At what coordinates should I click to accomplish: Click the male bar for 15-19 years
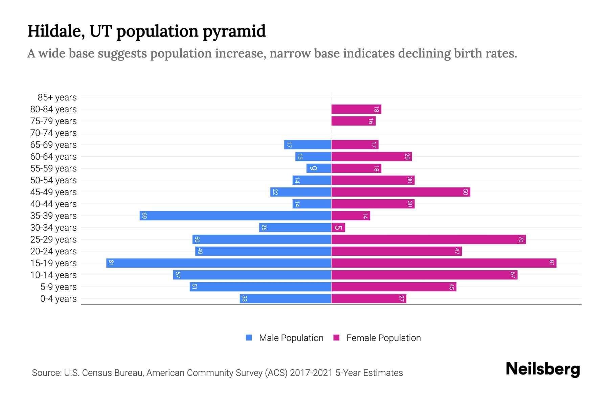pos(219,263)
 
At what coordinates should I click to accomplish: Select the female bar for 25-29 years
pos(428,239)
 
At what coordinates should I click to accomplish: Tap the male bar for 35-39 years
pos(235,216)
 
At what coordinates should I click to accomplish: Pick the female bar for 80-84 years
pos(356,109)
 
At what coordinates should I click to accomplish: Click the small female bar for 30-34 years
pos(338,227)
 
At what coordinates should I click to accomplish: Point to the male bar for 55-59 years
pos(319,168)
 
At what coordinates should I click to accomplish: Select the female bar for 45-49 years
pos(401,192)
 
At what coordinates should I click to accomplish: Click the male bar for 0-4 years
pos(285,298)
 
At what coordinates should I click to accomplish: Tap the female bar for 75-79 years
pos(353,121)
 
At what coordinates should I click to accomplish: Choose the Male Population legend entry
pos(285,338)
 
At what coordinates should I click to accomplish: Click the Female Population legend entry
pos(377,338)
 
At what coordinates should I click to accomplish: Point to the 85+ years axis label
pos(57,97)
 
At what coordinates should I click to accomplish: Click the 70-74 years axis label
pos(53,133)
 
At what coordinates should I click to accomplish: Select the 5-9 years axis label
pos(59,287)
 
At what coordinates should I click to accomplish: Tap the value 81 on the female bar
pos(551,263)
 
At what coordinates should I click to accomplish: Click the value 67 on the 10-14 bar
pos(513,275)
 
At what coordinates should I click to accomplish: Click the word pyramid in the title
pos(234,31)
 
